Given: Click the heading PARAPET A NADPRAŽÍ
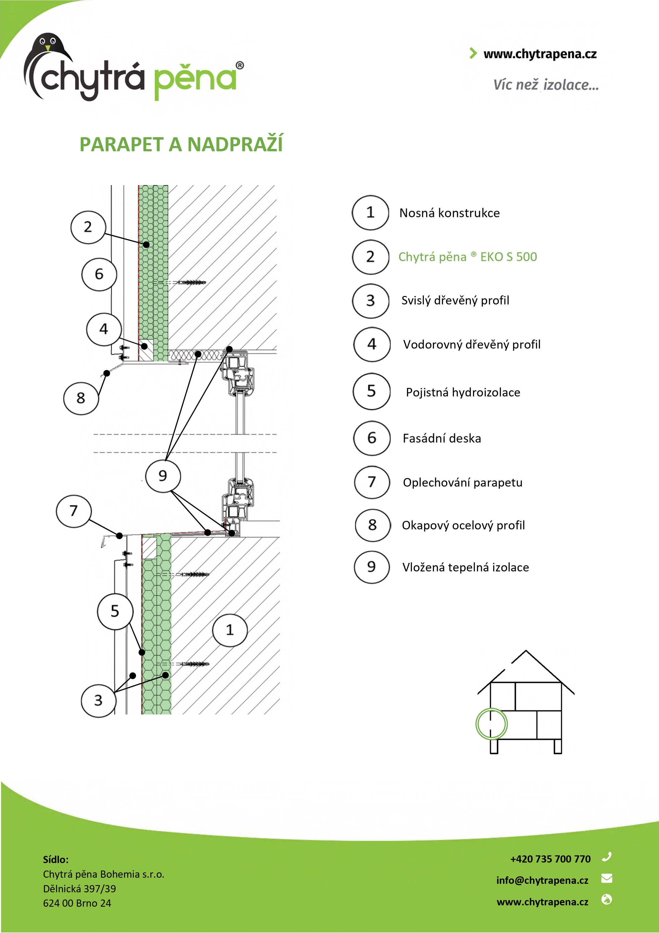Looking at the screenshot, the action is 181,144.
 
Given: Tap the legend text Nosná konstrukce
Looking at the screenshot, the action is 449,213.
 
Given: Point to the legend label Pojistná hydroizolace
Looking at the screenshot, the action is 463,392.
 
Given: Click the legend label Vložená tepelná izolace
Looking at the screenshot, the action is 465,567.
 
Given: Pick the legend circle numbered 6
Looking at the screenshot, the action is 372,438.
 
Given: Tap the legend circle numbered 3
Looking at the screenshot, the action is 370,301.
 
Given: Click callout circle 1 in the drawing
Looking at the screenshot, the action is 230,630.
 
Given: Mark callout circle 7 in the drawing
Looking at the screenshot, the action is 74,511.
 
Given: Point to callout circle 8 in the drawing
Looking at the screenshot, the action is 81,398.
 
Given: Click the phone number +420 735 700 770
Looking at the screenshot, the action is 550,859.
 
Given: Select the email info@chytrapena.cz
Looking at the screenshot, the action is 542,880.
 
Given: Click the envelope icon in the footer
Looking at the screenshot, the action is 607,878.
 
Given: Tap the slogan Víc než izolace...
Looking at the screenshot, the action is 546,85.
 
